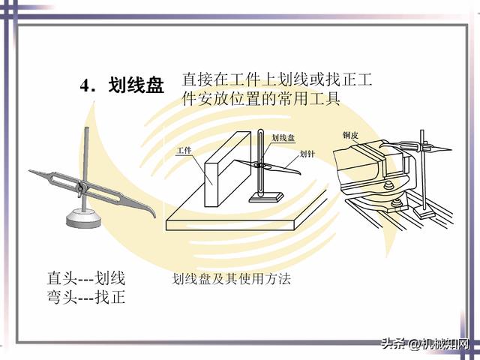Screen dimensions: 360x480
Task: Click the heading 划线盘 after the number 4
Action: pos(136,86)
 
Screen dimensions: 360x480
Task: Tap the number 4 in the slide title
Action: pos(85,86)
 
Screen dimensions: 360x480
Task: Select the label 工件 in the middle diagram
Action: pos(184,151)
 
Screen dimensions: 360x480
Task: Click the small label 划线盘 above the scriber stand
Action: pos(283,138)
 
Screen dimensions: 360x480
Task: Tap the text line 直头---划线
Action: pos(85,279)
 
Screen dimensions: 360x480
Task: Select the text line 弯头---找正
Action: pos(85,298)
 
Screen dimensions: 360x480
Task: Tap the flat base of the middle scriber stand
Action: pos(266,196)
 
